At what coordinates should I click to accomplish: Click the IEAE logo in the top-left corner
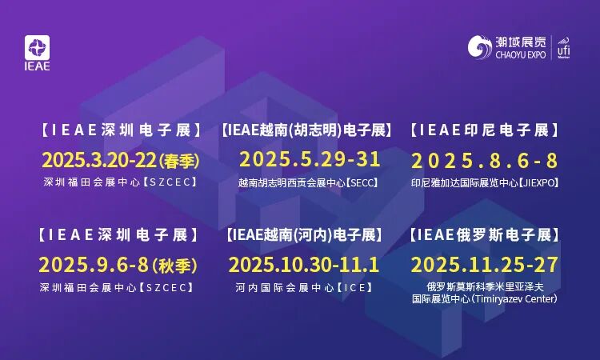tap(38, 53)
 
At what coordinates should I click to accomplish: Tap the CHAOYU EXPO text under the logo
tap(520, 54)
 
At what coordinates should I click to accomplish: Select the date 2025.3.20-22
tap(100, 159)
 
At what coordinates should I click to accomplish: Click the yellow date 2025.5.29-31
tap(309, 158)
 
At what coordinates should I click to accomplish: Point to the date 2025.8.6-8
tap(484, 159)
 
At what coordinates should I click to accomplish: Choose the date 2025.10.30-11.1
tap(304, 264)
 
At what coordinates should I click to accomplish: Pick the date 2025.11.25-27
tap(484, 264)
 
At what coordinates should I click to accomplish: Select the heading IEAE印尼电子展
tap(484, 130)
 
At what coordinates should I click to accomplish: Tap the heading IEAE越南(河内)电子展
tap(304, 235)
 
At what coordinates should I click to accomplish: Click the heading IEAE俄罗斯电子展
tap(484, 235)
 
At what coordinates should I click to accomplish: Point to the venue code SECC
tap(361, 182)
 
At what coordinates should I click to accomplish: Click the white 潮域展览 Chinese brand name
tap(522, 40)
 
